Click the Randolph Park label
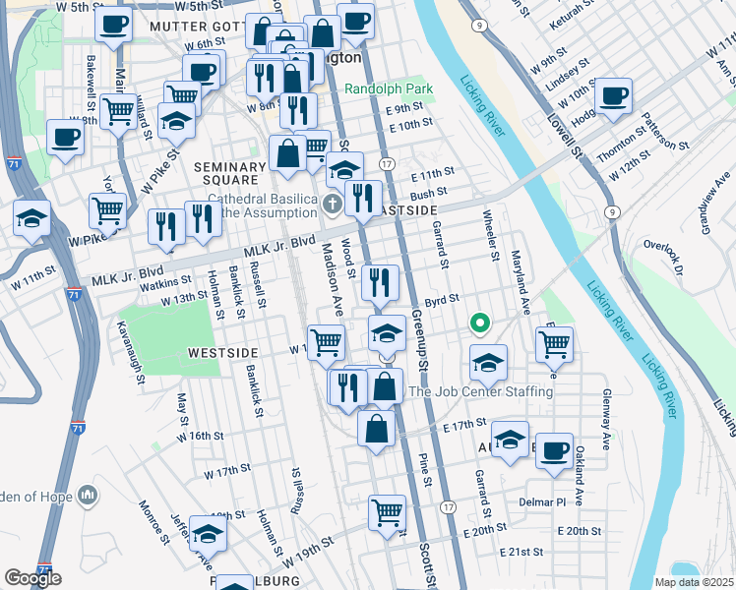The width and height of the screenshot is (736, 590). click(390, 88)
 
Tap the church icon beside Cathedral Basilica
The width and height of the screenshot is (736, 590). click(333, 204)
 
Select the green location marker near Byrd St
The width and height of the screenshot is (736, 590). click(480, 322)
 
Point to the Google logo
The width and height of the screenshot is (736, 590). click(32, 578)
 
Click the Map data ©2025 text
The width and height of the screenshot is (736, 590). click(694, 582)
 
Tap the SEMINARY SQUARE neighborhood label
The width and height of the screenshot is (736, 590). click(230, 175)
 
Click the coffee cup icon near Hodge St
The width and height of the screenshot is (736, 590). click(614, 96)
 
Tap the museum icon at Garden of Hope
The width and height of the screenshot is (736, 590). click(89, 493)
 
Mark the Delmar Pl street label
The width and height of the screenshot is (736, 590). click(543, 501)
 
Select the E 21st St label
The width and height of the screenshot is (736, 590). click(521, 553)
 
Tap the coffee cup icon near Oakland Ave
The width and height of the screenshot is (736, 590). click(554, 450)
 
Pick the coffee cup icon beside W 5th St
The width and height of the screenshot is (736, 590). click(114, 24)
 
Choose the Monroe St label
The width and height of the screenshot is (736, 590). click(155, 518)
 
